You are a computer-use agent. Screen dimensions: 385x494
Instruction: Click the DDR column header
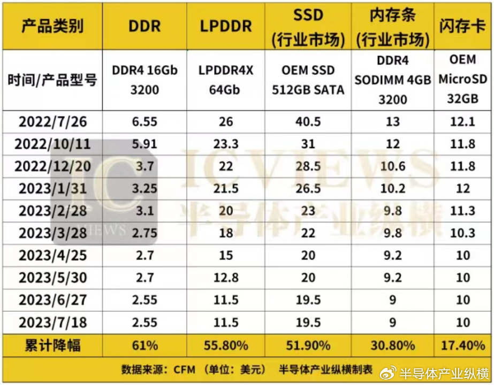(145, 26)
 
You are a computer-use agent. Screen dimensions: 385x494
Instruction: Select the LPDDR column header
(225, 26)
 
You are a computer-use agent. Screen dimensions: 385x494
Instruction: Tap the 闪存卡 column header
(462, 26)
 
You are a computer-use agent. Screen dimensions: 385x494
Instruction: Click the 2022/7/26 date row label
(53, 121)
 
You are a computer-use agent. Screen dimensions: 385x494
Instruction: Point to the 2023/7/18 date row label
(53, 322)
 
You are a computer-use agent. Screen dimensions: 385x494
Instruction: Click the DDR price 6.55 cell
(145, 121)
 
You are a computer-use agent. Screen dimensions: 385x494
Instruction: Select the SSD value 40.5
(308, 121)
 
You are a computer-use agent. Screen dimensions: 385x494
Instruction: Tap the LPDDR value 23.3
(225, 144)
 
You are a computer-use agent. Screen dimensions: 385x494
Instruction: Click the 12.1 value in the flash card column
(462, 121)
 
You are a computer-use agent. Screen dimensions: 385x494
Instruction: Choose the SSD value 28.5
(308, 166)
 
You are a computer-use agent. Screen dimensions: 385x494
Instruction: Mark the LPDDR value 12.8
(225, 278)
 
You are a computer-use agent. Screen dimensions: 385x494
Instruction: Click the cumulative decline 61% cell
(145, 345)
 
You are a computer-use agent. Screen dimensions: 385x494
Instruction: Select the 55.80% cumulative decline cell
(225, 345)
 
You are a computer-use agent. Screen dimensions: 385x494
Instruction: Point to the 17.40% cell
(462, 345)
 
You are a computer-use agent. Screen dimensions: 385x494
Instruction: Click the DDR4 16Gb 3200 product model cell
(145, 80)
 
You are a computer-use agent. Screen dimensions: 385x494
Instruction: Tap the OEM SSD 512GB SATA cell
(308, 80)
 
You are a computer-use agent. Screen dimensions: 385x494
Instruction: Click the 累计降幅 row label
(53, 345)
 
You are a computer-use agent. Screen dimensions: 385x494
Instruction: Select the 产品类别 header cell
(53, 26)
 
